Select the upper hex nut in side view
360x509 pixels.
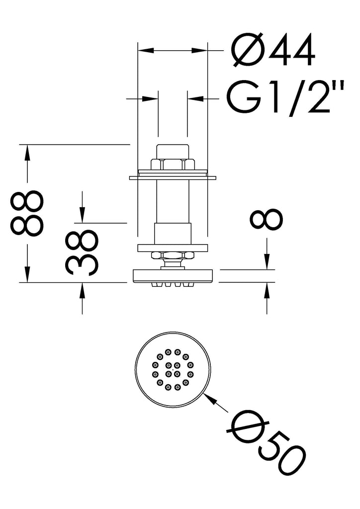pos(172,164)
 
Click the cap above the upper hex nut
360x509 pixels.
pos(172,151)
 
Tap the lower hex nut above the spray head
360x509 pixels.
pos(172,256)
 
